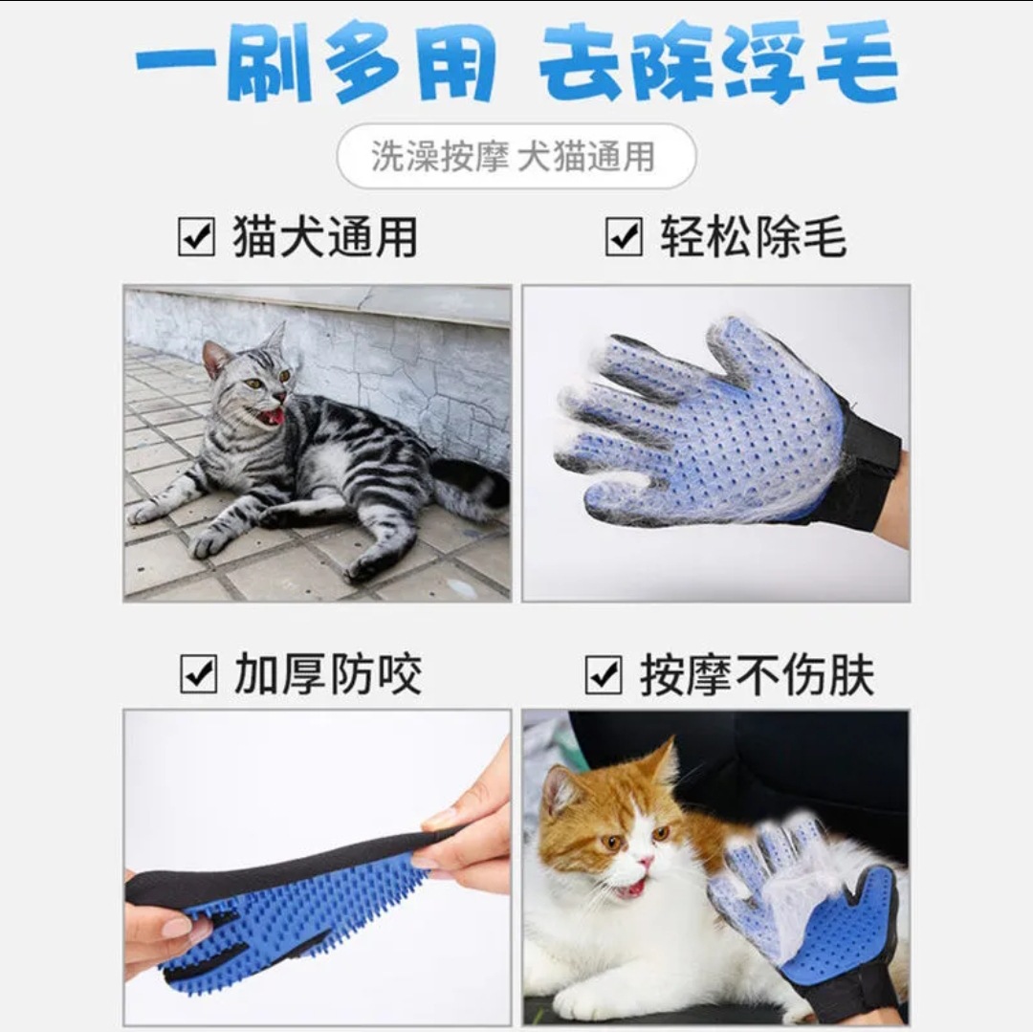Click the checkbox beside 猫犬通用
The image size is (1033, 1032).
coord(197,237)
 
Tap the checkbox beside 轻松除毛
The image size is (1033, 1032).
coord(624,237)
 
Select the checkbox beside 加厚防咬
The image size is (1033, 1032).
coord(198,675)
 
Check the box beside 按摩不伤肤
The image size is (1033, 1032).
coord(604,675)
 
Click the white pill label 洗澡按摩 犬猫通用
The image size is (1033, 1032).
coord(516,156)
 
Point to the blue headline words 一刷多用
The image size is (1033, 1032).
coord(316,63)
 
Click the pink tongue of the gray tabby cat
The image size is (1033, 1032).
coord(274,416)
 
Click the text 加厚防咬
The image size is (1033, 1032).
coord(328,675)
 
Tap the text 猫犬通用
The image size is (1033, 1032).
coord(325,237)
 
